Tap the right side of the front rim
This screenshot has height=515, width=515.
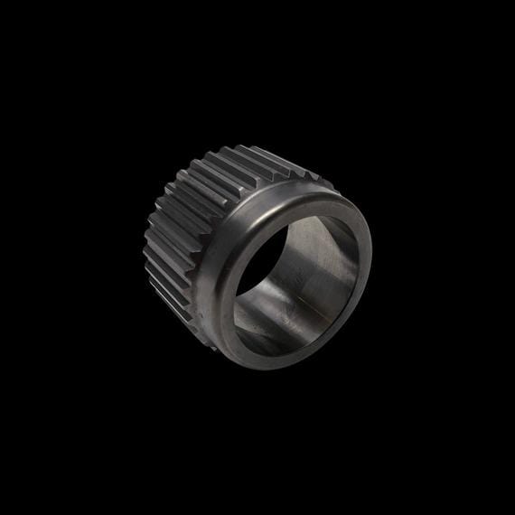coord(365,262)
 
